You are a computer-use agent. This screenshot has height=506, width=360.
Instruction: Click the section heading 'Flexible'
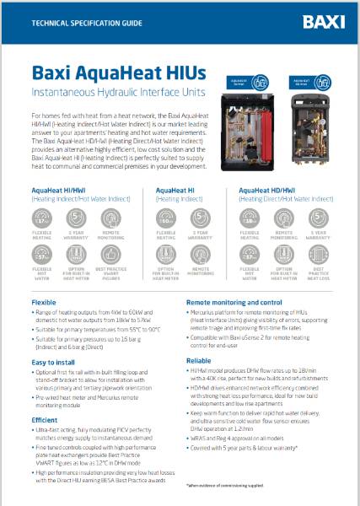pyautogui.click(x=45, y=301)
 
